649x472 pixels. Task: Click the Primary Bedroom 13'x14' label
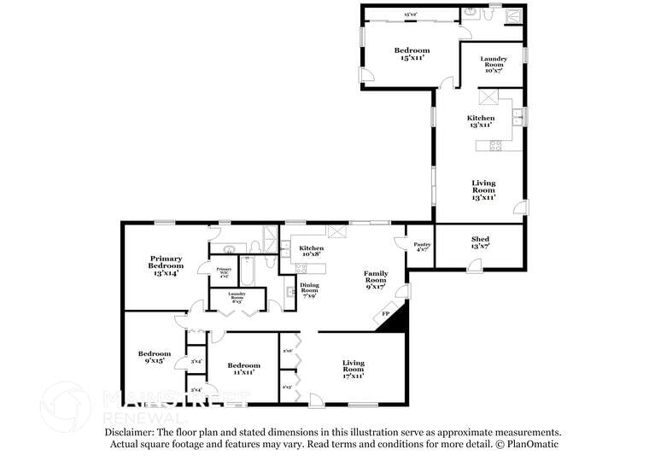[x=167, y=265]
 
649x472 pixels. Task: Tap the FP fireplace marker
[x=385, y=315]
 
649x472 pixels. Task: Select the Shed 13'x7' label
[x=480, y=242]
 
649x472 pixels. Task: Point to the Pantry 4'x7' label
[x=423, y=247]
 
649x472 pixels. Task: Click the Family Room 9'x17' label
[x=376, y=280]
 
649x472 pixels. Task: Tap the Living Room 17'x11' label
[x=354, y=368]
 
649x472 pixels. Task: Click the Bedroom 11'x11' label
[x=241, y=368]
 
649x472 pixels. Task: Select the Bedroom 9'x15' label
[x=155, y=357]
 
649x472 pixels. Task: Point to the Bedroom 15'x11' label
[x=412, y=54]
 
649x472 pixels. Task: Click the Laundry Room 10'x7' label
[x=493, y=65]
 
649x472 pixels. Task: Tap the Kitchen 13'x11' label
[x=480, y=121]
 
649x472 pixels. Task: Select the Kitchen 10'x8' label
[x=311, y=251]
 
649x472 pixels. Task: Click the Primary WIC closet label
[x=224, y=273]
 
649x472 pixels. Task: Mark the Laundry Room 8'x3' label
[x=237, y=298]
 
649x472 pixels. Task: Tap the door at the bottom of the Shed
[x=474, y=265]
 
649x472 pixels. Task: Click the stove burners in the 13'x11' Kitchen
[x=495, y=145]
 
